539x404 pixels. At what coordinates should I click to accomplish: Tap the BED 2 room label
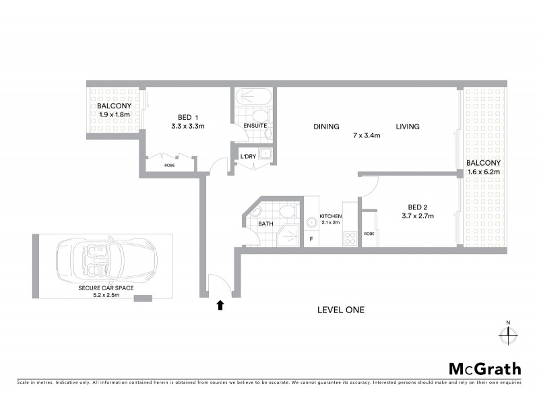(x=416, y=207)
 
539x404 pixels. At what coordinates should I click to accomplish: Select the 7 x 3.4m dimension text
(x=367, y=135)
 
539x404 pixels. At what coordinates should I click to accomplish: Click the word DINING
(x=325, y=127)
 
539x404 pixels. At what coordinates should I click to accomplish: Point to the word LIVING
(x=408, y=127)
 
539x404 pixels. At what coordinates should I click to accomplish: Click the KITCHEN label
(x=331, y=215)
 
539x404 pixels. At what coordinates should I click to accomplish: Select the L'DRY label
(x=248, y=157)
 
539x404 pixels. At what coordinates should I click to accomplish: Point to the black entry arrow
(x=220, y=305)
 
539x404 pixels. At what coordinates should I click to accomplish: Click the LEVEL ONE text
(x=341, y=310)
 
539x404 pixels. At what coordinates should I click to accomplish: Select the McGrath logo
(x=484, y=368)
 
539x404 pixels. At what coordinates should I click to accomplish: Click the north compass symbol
(x=509, y=333)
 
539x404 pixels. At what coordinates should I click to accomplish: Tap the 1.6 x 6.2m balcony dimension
(x=484, y=172)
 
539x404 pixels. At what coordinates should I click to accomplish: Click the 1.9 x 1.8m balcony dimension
(x=114, y=114)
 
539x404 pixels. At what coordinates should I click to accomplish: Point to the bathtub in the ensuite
(x=254, y=96)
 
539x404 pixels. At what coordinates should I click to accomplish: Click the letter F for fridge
(x=311, y=238)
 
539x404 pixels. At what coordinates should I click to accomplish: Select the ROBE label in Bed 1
(x=170, y=164)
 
